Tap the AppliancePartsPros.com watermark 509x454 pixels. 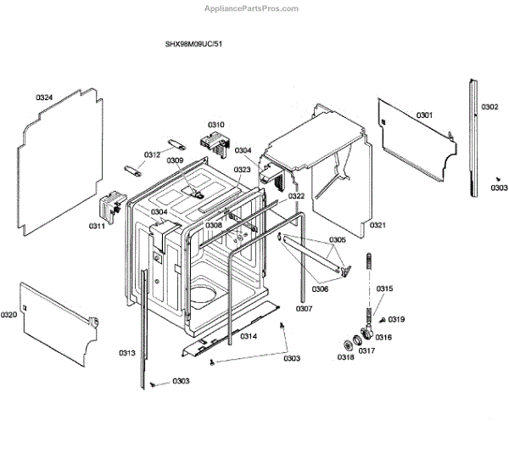coord(252,8)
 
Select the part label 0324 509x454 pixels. coord(45,98)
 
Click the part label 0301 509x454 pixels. coord(424,115)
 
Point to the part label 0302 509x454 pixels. coord(489,107)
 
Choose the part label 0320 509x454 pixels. coord(9,315)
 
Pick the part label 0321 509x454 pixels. coord(378,225)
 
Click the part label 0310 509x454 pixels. coord(216,125)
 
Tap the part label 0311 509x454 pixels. coord(97,226)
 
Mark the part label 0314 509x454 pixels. coord(249,336)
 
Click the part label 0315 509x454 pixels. coord(385,289)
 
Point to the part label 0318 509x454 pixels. coord(345,357)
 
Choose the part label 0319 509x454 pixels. coord(397,319)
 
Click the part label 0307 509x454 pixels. coord(304,308)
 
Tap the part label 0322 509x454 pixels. coord(296,196)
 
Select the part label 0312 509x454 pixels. coord(152,154)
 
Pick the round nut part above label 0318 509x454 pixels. coord(348,343)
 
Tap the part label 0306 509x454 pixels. coord(320,289)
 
